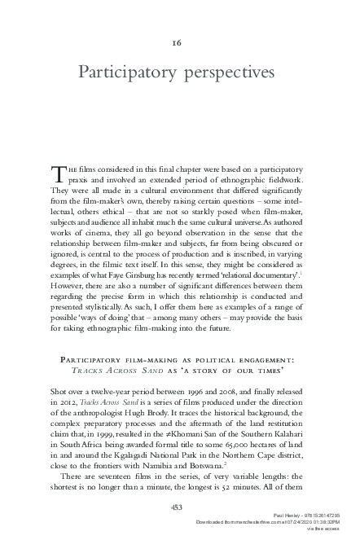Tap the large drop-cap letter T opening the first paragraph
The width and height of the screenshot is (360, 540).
(x=56, y=173)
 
